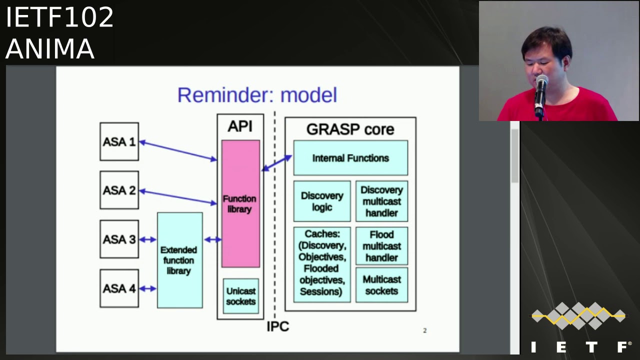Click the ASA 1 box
[x=119, y=142]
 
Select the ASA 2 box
[x=119, y=190]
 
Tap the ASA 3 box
[x=119, y=239]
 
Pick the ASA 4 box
[x=119, y=288]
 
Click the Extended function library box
[x=179, y=260]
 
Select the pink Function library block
[x=240, y=203]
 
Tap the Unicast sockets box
[x=240, y=296]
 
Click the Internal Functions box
[x=350, y=158]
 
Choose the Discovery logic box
[x=321, y=201]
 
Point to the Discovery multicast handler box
[x=381, y=201]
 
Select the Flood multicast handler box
[x=381, y=246]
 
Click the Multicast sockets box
[x=381, y=285]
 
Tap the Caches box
[x=321, y=263]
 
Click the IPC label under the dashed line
[x=277, y=327]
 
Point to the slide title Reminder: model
[x=257, y=95]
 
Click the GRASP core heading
[x=350, y=129]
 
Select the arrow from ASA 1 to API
[x=178, y=151]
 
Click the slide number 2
[x=424, y=330]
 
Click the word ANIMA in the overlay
[x=50, y=49]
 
